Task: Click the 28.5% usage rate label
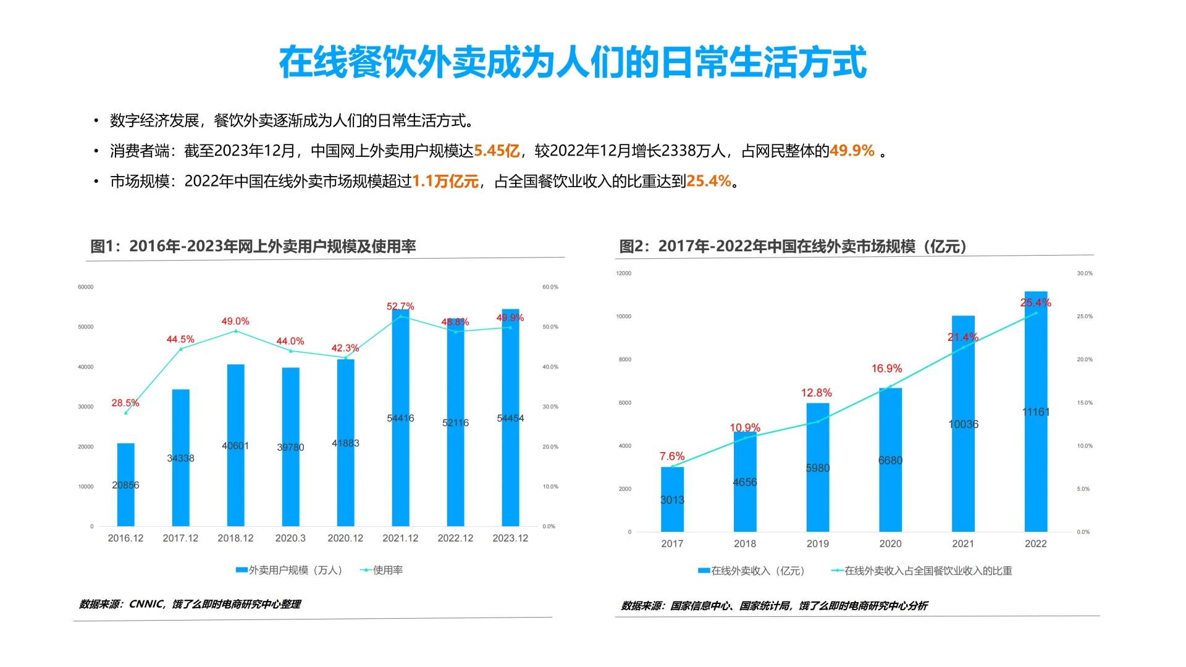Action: tap(125, 403)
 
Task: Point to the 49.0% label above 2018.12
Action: tap(235, 322)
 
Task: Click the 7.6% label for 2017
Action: tap(671, 456)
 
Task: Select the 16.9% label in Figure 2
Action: tap(886, 369)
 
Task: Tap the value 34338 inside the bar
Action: tap(180, 458)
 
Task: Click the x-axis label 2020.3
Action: tap(290, 539)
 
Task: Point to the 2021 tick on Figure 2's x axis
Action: tap(962, 544)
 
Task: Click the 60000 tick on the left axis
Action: tap(86, 287)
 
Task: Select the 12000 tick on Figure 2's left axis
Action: tap(623, 274)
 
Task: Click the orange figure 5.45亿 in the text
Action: tap(496, 151)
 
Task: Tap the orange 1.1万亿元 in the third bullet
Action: tap(445, 182)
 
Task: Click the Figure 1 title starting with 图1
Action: tap(253, 246)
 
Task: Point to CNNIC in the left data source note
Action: tap(146, 605)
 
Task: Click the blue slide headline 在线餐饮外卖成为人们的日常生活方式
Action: tap(572, 62)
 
